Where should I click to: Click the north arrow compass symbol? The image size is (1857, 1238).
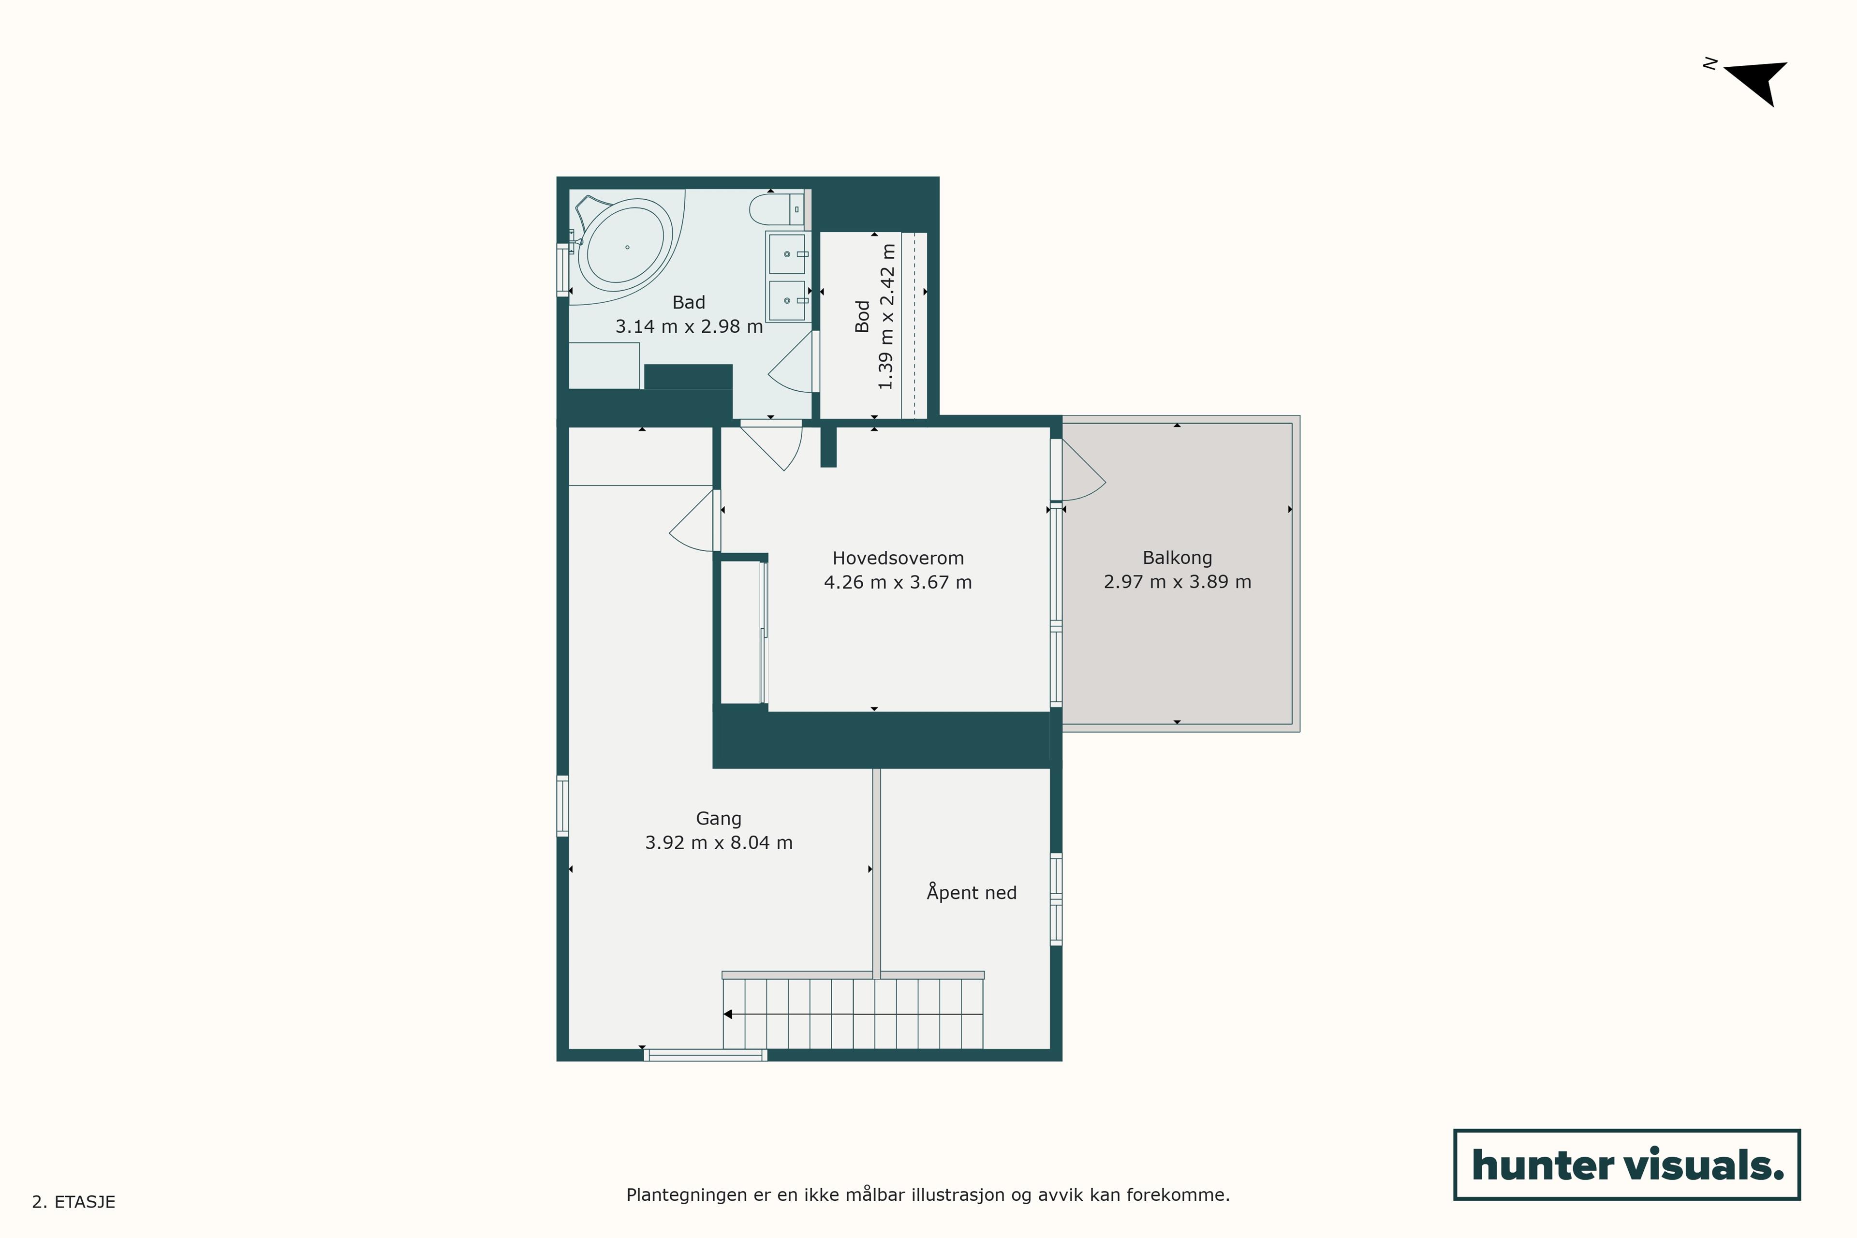tap(1757, 81)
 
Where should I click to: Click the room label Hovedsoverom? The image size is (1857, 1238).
tap(898, 558)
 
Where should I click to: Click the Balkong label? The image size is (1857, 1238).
tap(1177, 558)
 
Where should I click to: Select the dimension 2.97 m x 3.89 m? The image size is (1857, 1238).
tap(1177, 582)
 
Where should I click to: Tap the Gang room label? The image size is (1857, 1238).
tap(719, 819)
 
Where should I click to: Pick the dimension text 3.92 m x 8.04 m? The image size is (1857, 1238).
tap(719, 842)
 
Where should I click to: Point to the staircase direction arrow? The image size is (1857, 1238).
tap(853, 1014)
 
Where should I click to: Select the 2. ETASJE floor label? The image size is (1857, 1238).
tap(74, 1202)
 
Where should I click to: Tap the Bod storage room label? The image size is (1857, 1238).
tap(862, 316)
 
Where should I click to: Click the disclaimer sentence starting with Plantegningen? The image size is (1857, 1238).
tap(928, 1194)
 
